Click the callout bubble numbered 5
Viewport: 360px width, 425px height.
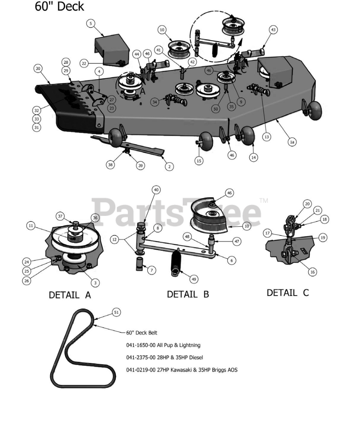point(91,23)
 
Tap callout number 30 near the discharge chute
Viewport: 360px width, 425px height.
point(38,68)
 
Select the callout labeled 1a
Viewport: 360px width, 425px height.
point(292,142)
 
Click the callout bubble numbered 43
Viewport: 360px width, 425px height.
point(273,30)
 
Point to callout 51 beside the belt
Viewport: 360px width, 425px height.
point(116,312)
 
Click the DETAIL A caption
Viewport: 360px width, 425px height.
point(70,295)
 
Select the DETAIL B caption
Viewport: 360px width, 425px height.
point(188,294)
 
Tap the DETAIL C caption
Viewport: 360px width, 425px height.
point(288,293)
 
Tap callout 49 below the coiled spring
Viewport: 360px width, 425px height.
point(194,279)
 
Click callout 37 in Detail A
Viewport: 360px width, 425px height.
point(60,216)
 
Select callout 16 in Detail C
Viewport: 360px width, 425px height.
point(312,272)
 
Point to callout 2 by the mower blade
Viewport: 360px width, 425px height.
point(169,167)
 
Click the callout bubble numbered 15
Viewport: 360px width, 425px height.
point(199,161)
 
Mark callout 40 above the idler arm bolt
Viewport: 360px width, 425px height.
point(156,190)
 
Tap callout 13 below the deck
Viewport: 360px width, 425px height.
point(266,136)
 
